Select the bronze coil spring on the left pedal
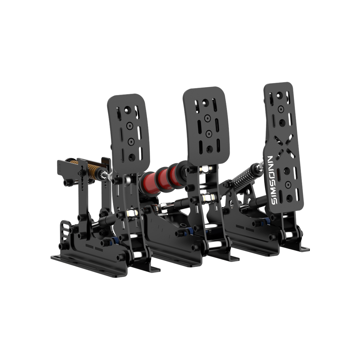[x=90, y=169]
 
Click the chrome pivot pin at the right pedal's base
[x=289, y=235]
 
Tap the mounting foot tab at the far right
[x=304, y=249]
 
